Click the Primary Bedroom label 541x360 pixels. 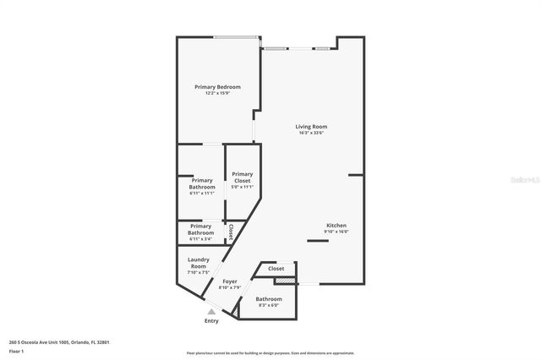click(x=217, y=87)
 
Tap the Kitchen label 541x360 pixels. click(x=336, y=226)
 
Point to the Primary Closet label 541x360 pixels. click(x=243, y=177)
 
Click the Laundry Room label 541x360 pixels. click(x=199, y=263)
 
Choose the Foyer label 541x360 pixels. click(x=230, y=281)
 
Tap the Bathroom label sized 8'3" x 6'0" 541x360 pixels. click(x=269, y=299)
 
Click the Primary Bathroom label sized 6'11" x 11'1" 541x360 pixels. click(x=202, y=183)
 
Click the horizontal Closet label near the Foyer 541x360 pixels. click(x=276, y=269)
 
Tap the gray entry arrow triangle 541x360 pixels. click(x=211, y=311)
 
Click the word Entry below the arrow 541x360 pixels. click(x=211, y=321)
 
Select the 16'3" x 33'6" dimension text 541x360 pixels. click(x=312, y=133)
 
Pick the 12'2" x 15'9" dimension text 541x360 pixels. click(x=217, y=93)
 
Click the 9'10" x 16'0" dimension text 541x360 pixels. click(x=336, y=232)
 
